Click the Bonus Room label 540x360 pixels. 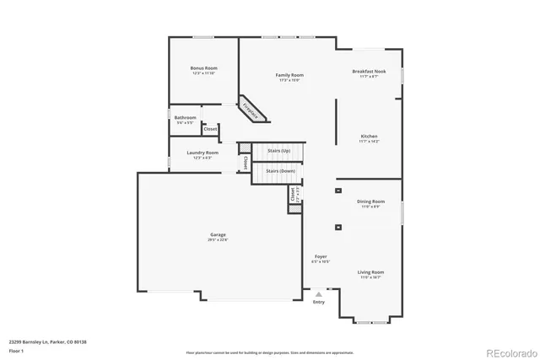204,68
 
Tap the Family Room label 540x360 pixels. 289,75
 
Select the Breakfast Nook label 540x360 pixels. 369,72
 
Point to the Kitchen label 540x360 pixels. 369,136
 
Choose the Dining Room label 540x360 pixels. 370,201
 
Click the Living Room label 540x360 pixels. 370,272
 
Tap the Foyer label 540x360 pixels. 321,256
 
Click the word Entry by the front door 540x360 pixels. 318,302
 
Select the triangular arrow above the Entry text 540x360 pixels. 318,293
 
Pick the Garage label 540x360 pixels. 218,234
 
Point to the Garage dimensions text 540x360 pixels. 218,240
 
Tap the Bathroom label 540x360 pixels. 186,117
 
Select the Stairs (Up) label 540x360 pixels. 279,150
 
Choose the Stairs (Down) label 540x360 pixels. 280,170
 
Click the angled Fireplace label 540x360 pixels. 251,108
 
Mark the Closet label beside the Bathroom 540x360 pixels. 210,129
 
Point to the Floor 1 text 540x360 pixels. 17,348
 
